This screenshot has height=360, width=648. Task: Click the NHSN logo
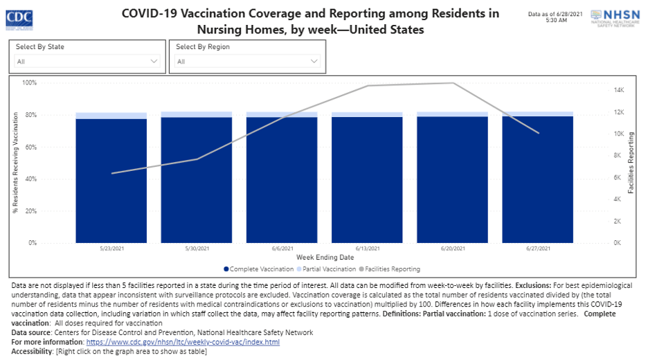[x=616, y=18]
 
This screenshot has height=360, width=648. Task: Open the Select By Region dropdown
[x=247, y=62]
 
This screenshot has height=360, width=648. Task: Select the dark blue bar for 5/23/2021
[x=111, y=180]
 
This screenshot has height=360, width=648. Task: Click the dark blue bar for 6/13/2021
[x=367, y=180]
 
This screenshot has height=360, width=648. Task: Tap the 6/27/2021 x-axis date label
[x=538, y=249]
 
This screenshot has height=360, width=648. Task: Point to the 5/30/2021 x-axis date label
[x=197, y=249]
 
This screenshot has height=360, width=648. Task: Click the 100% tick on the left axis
[x=29, y=83]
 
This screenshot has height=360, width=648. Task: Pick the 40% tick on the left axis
[x=30, y=179]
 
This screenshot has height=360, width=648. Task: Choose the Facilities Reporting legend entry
[x=389, y=269]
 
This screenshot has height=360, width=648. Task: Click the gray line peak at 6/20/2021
[x=453, y=83]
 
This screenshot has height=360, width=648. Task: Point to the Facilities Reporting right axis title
[x=631, y=163]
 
